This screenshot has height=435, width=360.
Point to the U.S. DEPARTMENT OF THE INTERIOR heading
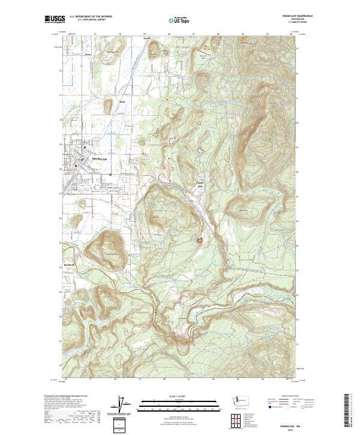(x=91, y=17)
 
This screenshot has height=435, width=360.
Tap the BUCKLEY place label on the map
(x=67, y=263)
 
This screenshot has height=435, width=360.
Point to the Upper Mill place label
(x=201, y=184)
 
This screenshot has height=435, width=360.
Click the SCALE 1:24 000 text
(x=179, y=395)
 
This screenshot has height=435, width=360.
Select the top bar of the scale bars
(x=179, y=400)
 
